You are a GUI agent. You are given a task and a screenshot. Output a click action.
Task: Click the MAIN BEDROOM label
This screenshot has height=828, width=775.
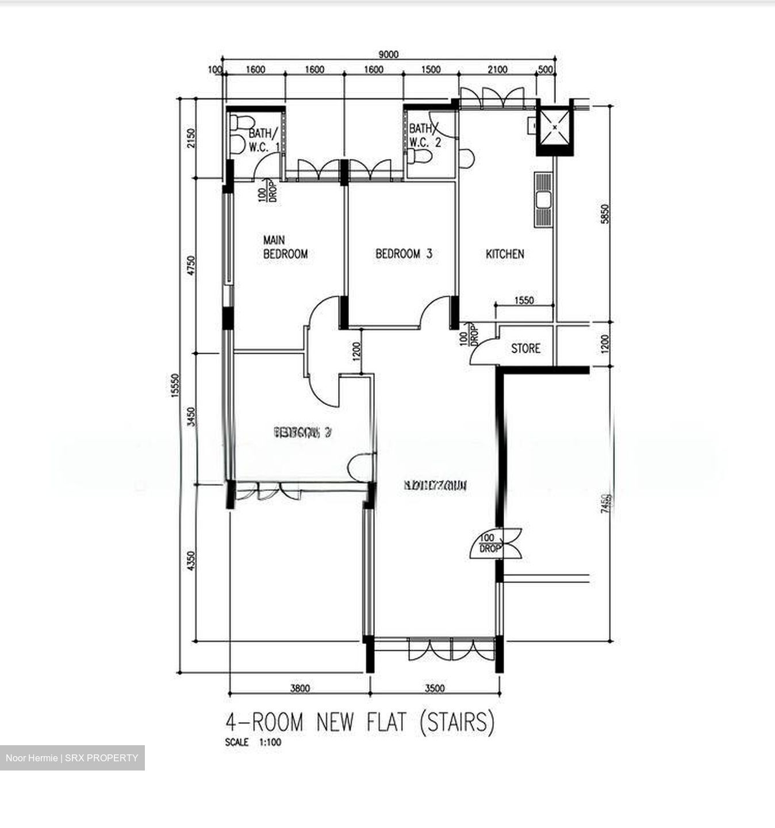[285, 247]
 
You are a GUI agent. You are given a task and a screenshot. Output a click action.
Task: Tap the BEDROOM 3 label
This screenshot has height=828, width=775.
[404, 254]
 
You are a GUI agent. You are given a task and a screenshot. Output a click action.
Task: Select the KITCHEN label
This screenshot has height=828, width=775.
[505, 254]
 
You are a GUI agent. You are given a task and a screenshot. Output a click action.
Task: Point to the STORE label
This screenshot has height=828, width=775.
[525, 348]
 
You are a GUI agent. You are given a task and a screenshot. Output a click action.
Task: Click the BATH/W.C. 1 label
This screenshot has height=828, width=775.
[263, 140]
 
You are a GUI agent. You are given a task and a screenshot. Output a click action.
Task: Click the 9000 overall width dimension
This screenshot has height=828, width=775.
[388, 55]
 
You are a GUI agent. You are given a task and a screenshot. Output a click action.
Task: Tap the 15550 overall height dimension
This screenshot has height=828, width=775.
[176, 392]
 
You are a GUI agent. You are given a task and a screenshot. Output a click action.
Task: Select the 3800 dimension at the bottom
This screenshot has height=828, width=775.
[300, 688]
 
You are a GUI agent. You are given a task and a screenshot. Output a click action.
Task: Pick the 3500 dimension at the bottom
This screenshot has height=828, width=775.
[435, 688]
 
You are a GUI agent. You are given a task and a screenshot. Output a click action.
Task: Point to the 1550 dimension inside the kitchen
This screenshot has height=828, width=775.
[524, 300]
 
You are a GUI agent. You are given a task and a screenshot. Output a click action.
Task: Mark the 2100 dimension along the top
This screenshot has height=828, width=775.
[497, 70]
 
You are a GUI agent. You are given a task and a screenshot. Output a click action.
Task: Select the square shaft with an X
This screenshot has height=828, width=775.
[555, 128]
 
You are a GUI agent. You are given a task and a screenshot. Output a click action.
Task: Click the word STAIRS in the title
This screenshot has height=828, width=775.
[457, 722]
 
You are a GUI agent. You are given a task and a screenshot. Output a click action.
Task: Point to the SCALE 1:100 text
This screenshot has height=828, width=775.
[254, 742]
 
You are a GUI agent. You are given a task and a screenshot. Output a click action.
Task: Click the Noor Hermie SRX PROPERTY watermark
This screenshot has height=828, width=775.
[72, 758]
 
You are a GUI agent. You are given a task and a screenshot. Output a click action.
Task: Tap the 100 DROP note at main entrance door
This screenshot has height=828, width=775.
[490, 544]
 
